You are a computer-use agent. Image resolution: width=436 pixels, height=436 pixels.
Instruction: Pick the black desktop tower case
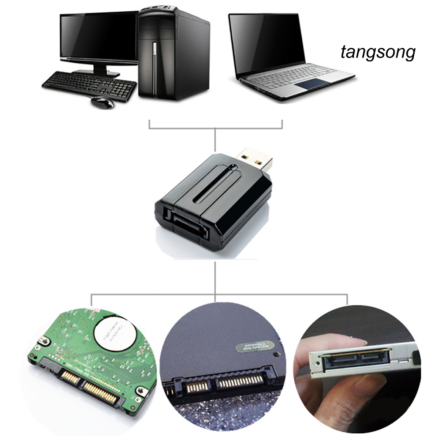click(x=174, y=52)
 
